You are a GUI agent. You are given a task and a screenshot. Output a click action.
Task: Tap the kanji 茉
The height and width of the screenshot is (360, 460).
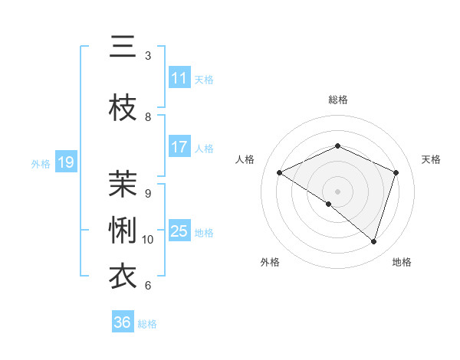tap(123, 185)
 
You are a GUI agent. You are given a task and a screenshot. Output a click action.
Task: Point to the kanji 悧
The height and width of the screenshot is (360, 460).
tap(123, 231)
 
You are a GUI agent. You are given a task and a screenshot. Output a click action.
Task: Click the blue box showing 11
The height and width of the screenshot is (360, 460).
tap(179, 78)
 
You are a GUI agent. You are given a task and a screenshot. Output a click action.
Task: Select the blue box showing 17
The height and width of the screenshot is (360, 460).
tap(179, 147)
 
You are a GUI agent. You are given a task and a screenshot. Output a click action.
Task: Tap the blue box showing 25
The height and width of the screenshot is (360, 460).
tap(179, 231)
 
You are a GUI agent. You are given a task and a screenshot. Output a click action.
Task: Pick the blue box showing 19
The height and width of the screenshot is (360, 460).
tap(65, 162)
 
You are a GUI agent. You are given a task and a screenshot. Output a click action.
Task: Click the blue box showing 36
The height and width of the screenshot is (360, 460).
tap(123, 322)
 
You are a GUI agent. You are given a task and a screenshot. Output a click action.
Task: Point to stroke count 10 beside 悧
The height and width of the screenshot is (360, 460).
tap(148, 240)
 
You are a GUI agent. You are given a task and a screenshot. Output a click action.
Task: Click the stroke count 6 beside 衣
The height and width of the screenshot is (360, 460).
tap(148, 286)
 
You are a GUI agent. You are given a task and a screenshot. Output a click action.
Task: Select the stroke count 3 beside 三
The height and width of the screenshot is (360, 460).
tap(148, 56)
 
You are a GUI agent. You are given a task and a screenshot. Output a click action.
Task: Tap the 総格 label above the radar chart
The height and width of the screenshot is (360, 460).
tap(338, 100)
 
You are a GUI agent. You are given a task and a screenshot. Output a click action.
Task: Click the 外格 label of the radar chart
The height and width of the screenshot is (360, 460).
tap(270, 262)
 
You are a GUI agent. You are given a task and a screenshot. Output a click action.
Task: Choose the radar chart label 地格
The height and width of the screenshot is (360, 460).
tap(402, 262)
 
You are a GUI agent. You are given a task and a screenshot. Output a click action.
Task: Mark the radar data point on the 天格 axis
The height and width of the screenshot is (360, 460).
tap(396, 172)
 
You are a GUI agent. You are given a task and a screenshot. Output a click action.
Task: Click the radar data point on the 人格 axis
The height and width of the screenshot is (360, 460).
tap(280, 172)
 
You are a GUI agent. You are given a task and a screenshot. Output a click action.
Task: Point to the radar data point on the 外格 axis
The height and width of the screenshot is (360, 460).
tap(329, 204)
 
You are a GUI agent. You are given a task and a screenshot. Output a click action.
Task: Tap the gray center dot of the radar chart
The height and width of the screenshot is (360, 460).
tap(338, 191)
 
